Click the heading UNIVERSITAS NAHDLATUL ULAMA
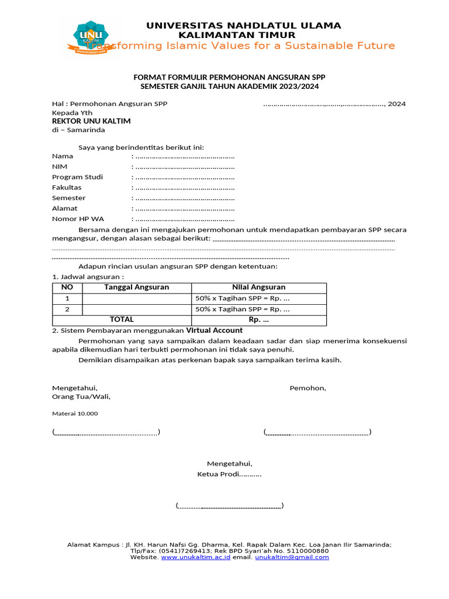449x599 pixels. point(243,25)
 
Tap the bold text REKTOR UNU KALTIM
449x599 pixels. point(91,121)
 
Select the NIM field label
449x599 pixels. point(60,167)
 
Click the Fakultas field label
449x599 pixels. point(67,188)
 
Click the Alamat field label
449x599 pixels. point(64,208)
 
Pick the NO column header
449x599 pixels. point(67,287)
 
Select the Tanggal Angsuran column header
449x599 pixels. point(136,287)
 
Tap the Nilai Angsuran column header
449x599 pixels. point(258,287)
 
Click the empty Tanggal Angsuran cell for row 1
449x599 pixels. point(136,299)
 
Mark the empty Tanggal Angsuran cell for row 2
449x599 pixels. point(136,309)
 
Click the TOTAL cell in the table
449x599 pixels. point(122,320)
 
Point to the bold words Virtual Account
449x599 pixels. point(215,330)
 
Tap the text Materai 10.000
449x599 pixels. point(75,414)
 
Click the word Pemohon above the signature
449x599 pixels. point(308,388)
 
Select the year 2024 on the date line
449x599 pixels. point(396,104)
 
